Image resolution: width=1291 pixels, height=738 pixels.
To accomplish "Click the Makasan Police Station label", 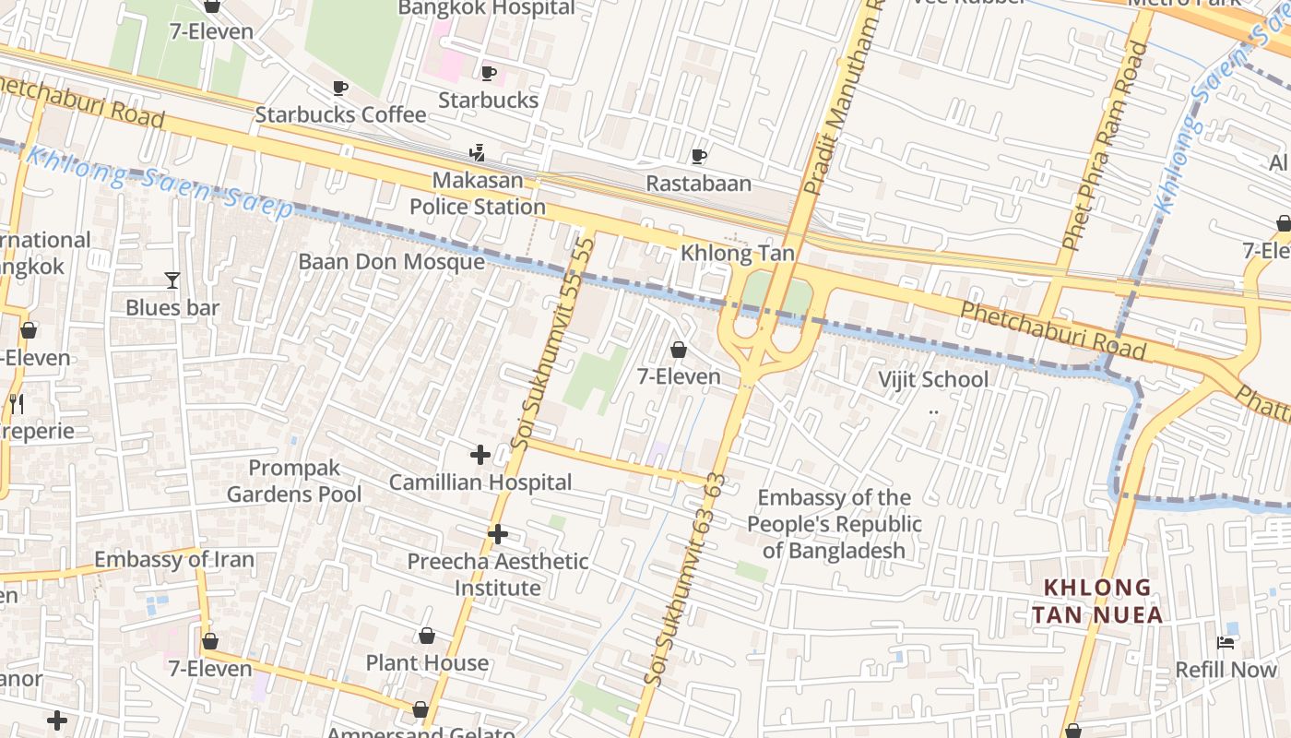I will click(478, 193).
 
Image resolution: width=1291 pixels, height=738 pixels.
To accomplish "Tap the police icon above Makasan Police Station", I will click(478, 152).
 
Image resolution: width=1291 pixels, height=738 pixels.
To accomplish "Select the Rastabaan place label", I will click(698, 184).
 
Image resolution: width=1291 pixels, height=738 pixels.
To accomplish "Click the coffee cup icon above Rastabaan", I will click(698, 156).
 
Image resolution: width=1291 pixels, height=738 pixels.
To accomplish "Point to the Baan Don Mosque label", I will click(391, 262).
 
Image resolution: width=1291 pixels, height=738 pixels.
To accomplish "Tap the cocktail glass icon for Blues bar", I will click(172, 280).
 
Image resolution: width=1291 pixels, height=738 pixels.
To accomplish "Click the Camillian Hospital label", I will click(480, 482).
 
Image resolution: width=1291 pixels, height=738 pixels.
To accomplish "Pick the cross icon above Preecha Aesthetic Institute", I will click(498, 534).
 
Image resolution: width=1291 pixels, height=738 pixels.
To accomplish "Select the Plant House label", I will click(427, 663).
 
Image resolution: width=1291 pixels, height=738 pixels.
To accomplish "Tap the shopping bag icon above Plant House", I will click(427, 636).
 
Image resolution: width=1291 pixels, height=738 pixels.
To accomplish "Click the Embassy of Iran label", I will click(174, 560).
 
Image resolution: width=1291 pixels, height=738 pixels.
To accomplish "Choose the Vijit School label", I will click(932, 379).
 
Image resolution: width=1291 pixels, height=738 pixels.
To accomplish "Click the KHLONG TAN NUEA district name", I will click(1096, 601).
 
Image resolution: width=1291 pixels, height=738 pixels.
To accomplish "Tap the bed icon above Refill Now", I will click(1226, 642).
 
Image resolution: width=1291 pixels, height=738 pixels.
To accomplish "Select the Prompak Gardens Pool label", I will click(294, 481).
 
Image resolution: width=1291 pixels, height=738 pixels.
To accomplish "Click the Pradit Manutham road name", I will click(842, 101).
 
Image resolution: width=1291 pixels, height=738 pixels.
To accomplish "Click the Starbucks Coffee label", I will click(340, 114).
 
